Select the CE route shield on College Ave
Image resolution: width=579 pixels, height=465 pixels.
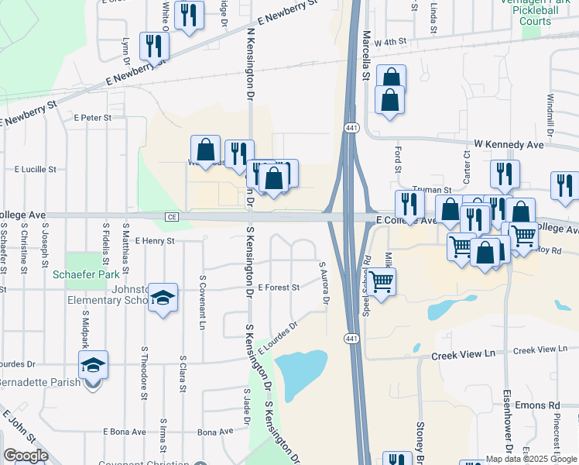171,217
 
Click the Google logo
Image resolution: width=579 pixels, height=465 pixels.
26,456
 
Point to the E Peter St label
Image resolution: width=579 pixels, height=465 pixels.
93,118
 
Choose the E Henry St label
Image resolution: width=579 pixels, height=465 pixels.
155,241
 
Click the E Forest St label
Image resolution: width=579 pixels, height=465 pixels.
279,288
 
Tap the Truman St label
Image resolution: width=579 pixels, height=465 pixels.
437,190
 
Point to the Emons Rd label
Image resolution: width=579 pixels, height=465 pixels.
543,405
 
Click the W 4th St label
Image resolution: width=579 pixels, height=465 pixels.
390,43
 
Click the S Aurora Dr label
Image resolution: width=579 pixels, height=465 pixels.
325,282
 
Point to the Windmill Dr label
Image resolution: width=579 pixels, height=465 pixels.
550,115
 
